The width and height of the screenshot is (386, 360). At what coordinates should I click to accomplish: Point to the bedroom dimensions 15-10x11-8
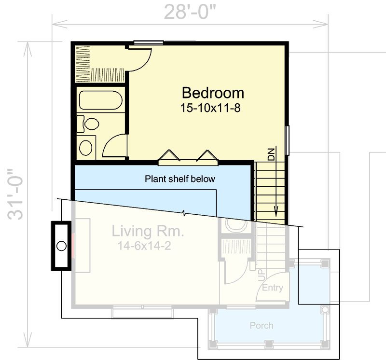[x=210, y=108]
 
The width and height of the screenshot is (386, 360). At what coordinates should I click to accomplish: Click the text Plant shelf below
[x=180, y=179]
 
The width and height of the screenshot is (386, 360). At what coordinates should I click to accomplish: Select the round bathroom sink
[x=86, y=147]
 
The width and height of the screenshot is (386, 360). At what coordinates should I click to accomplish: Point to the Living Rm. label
[x=148, y=231]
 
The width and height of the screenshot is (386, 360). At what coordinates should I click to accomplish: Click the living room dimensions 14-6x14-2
[x=144, y=246]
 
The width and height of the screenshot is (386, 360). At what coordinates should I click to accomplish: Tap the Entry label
[x=272, y=288]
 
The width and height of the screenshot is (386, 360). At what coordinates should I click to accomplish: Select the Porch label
[x=262, y=326]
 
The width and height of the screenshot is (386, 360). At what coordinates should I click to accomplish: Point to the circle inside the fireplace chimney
[x=61, y=246]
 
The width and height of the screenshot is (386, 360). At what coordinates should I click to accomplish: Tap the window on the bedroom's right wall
[x=287, y=140]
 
